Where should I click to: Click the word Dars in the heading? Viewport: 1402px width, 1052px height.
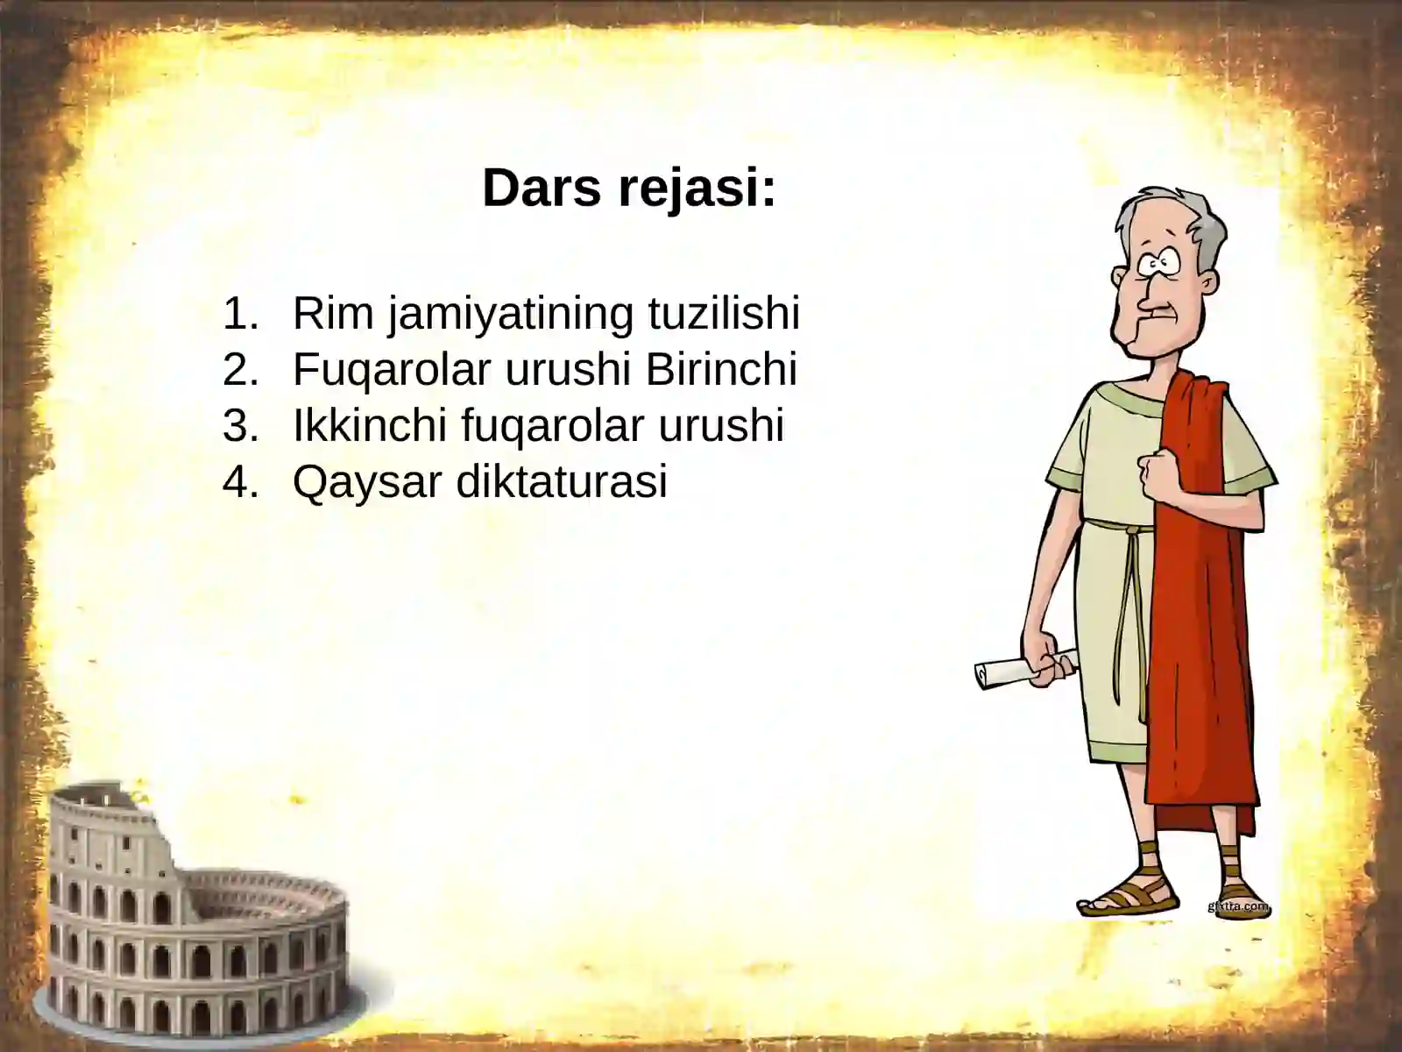[x=535, y=188]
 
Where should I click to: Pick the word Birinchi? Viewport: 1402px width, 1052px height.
[x=720, y=369]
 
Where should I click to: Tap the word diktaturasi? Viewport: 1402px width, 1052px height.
[x=562, y=481]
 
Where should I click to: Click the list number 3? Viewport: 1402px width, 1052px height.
[x=240, y=425]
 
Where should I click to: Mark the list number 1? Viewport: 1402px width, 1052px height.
[x=240, y=313]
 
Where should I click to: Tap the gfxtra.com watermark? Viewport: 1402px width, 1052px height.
[x=1237, y=906]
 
